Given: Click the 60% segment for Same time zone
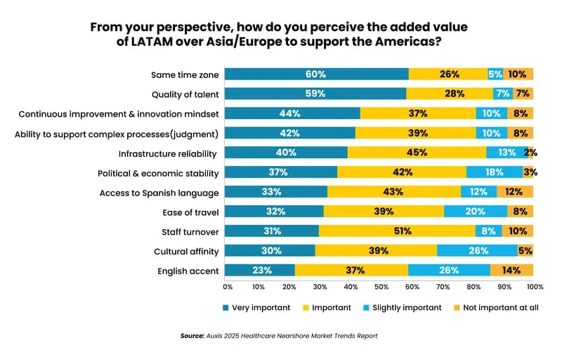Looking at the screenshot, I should click(317, 74).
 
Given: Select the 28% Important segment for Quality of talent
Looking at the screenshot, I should click(450, 94).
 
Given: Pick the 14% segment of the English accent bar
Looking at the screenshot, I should click(511, 270).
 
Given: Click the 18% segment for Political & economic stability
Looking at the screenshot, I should click(495, 172).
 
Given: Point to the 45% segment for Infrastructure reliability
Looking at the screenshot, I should click(417, 153).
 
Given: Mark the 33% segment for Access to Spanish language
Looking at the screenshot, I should click(277, 192).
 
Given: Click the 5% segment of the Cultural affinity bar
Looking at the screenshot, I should click(525, 250).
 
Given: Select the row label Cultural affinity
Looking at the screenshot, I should click(186, 251).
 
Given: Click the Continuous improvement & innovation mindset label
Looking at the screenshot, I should click(119, 114).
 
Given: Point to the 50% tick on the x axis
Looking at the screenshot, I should click(381, 287).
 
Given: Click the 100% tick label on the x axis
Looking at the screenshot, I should click(534, 287).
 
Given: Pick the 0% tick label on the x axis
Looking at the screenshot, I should click(228, 287).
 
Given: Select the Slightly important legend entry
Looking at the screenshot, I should click(404, 307).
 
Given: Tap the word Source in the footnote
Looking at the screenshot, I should click(192, 336).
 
